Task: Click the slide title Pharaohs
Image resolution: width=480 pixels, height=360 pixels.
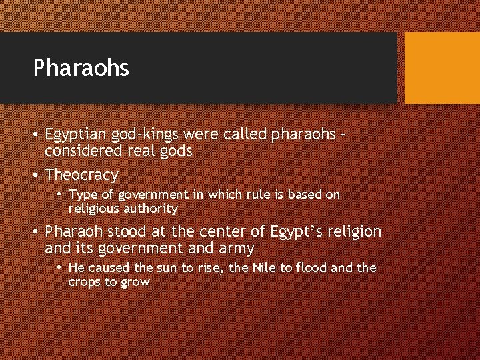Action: (x=81, y=68)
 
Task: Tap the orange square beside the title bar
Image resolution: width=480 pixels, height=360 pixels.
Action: (x=442, y=68)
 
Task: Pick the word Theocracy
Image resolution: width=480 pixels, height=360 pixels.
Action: (x=81, y=175)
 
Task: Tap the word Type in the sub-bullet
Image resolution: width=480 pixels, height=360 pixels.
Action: (x=82, y=195)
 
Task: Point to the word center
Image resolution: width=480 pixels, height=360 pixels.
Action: (x=227, y=232)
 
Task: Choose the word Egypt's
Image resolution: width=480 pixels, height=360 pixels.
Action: (x=296, y=232)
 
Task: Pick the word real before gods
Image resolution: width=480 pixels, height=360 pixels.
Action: (x=143, y=151)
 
